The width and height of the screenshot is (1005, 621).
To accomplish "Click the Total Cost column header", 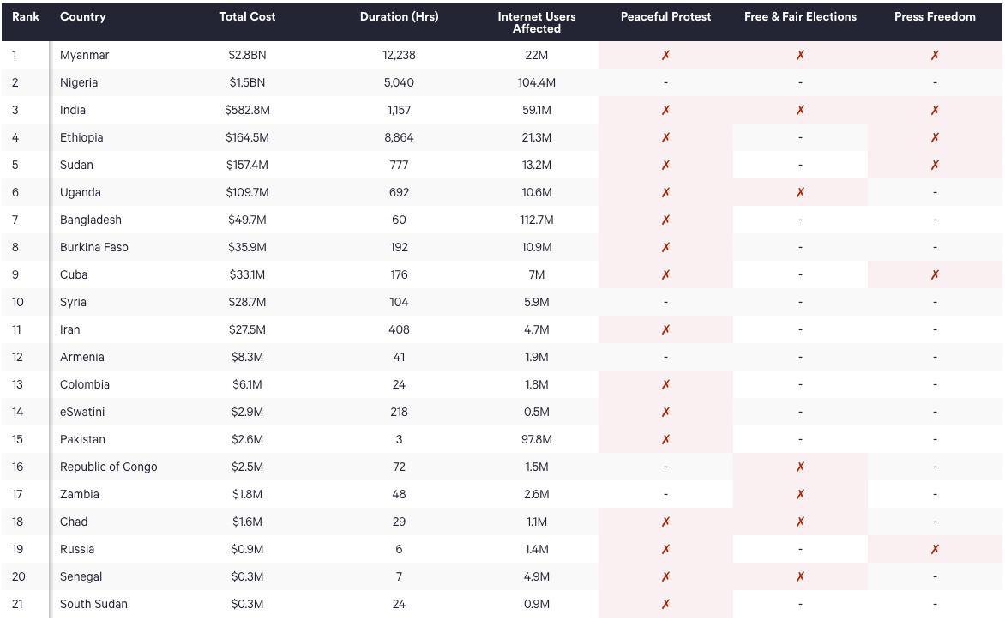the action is (x=247, y=16).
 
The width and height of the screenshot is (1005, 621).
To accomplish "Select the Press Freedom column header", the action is (x=935, y=16).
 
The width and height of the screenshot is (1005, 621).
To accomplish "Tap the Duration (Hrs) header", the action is (x=399, y=16).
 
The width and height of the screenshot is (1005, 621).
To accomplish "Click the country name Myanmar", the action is (x=85, y=55).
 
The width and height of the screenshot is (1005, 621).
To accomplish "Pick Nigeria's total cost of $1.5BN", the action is (x=247, y=82).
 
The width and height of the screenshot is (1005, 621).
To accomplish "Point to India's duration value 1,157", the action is (x=399, y=111).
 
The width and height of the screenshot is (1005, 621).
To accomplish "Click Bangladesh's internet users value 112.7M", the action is (x=537, y=220).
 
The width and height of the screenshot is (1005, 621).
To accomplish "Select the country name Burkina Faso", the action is (x=94, y=247).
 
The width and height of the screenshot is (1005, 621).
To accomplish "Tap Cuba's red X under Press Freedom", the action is (x=935, y=275).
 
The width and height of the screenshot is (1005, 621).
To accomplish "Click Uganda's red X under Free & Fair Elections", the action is (x=800, y=192).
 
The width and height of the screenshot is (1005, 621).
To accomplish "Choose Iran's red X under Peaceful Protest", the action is (x=665, y=329).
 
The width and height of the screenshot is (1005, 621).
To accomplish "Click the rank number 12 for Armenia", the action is (x=17, y=357).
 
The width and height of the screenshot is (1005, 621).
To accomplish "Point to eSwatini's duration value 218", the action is (x=399, y=412).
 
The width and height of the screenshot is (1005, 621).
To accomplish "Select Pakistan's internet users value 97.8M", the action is (x=537, y=440).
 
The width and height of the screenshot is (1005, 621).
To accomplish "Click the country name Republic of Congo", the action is (x=108, y=467).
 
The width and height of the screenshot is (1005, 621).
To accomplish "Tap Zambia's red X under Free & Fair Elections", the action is (x=800, y=494).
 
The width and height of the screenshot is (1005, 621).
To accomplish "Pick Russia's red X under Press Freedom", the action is (x=935, y=549).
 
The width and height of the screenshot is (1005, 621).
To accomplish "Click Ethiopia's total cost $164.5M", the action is (x=247, y=138).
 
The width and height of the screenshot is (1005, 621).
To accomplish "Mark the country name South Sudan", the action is (x=93, y=605).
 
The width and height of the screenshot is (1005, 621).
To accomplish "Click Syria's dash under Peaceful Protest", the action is (x=665, y=303).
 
